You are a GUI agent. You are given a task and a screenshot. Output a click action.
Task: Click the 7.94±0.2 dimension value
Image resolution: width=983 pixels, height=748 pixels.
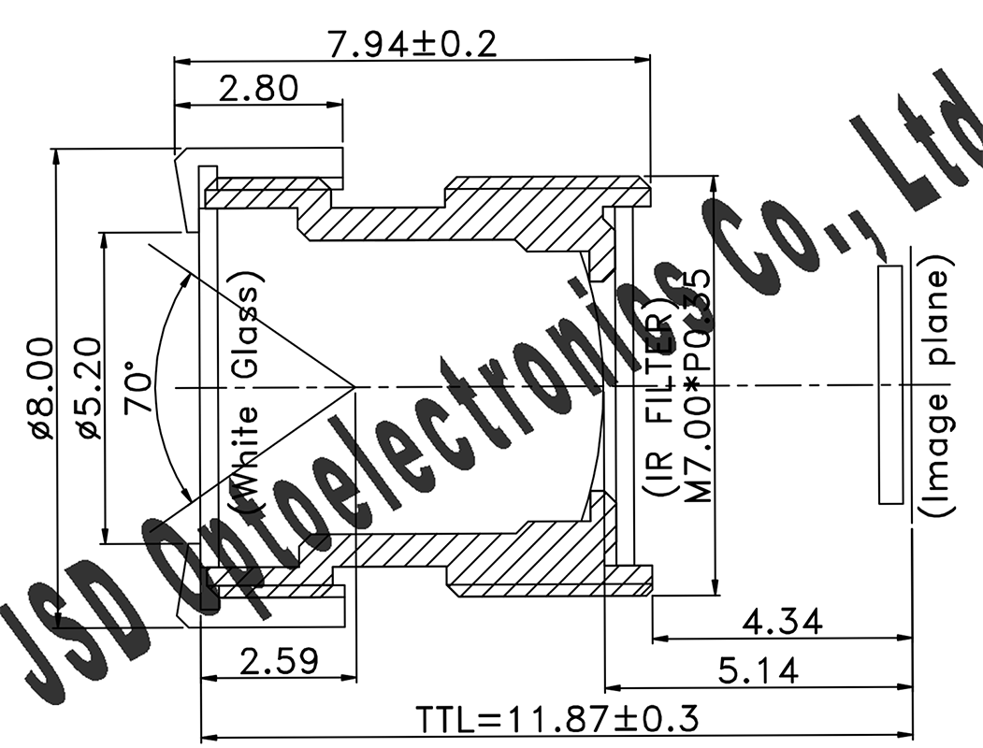[412, 43]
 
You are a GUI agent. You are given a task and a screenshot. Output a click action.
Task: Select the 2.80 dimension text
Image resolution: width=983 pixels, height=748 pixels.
[258, 89]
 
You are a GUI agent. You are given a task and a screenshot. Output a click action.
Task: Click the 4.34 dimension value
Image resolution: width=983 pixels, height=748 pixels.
[782, 622]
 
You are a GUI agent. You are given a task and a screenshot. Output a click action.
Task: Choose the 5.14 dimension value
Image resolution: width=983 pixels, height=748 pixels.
[759, 670]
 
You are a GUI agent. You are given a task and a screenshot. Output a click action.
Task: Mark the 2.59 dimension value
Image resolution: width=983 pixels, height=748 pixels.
[279, 661]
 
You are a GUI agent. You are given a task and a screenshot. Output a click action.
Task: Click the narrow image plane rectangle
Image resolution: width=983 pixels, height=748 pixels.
[890, 384]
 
